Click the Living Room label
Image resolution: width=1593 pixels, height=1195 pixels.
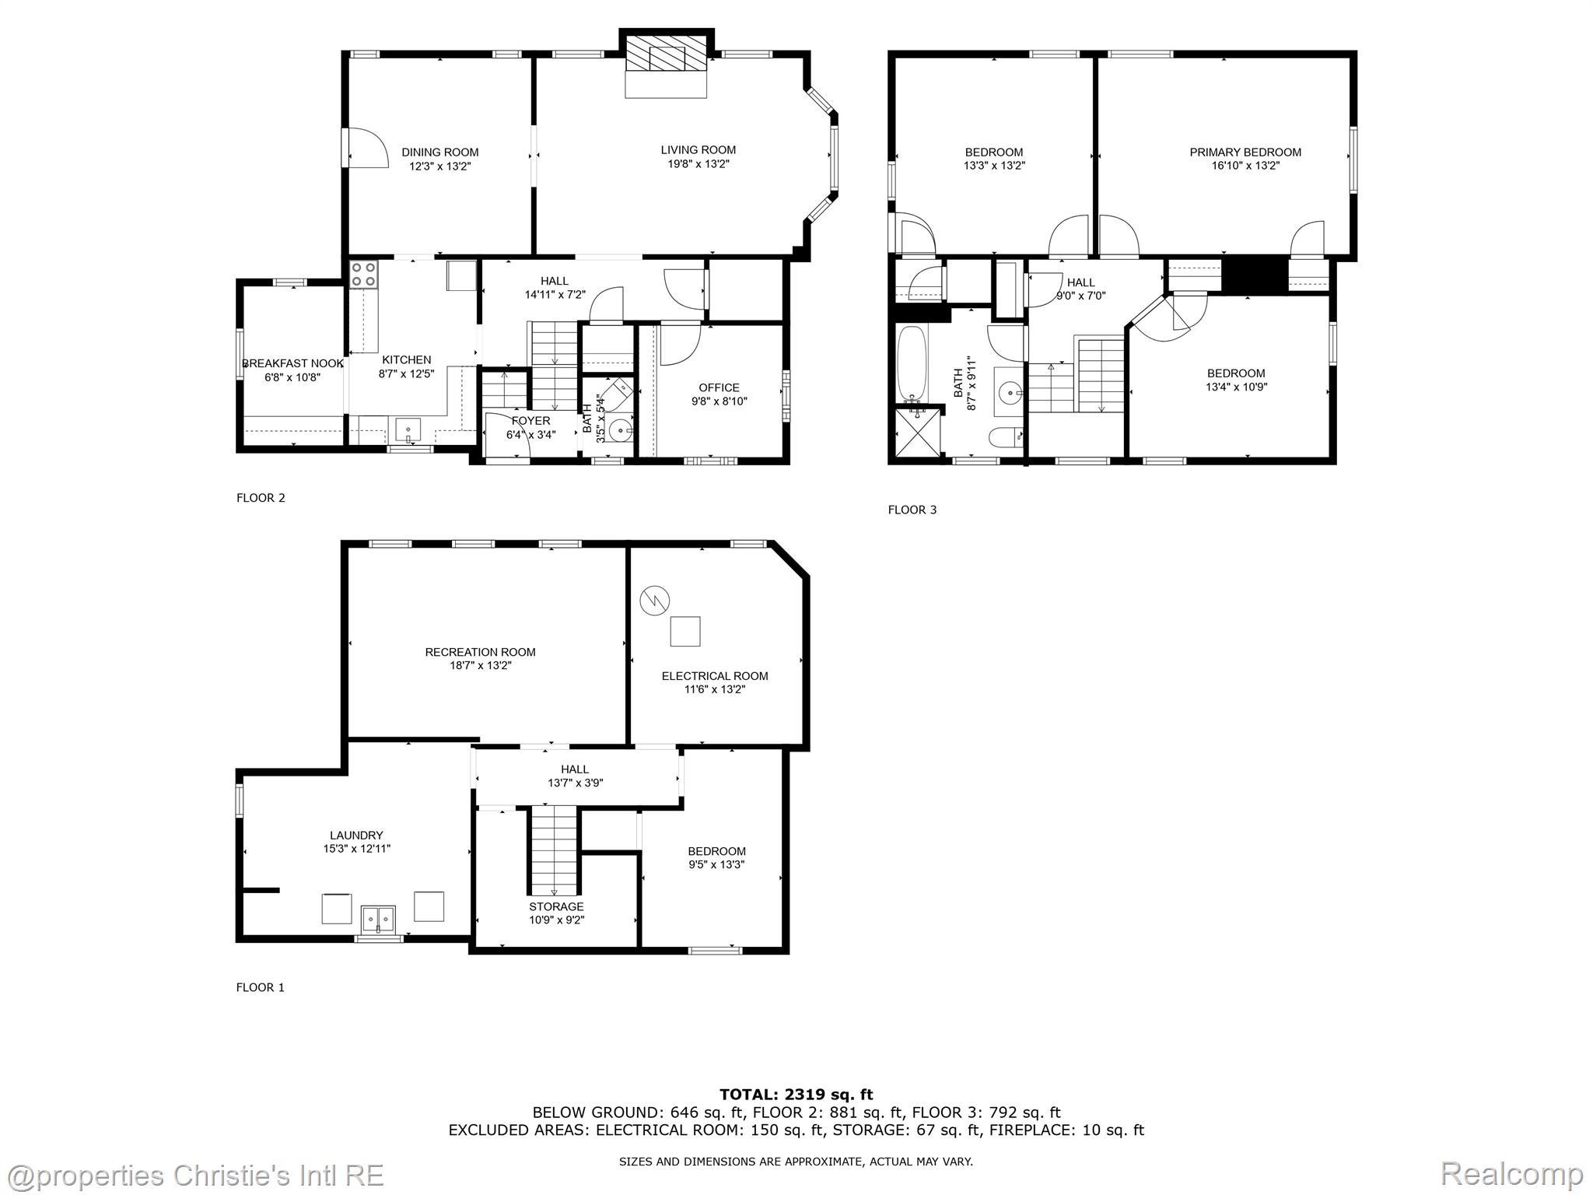pyautogui.click(x=698, y=150)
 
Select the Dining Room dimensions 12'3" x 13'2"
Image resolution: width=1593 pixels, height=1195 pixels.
pyautogui.click(x=440, y=166)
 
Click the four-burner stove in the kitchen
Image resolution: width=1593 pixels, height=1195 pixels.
pyautogui.click(x=362, y=275)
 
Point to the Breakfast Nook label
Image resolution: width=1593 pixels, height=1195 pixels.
pyautogui.click(x=293, y=363)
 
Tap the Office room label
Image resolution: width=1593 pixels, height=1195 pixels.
pyautogui.click(x=719, y=387)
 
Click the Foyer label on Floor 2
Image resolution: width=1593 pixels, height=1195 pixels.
pyautogui.click(x=531, y=421)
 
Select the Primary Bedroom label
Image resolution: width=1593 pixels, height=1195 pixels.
pyautogui.click(x=1245, y=152)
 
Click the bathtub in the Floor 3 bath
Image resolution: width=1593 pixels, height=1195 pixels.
pyautogui.click(x=911, y=363)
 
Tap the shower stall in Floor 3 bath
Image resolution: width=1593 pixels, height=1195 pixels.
pyautogui.click(x=918, y=433)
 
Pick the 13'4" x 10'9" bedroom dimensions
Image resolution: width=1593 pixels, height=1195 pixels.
pyautogui.click(x=1236, y=387)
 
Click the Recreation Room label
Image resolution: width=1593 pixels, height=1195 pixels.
pyautogui.click(x=480, y=652)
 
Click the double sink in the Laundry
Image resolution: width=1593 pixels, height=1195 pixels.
pyautogui.click(x=378, y=918)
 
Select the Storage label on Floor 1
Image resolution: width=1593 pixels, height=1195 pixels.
pyautogui.click(x=556, y=906)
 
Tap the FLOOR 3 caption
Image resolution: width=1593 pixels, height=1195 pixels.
pyautogui.click(x=912, y=510)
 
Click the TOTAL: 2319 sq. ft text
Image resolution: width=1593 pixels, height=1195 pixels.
pyautogui.click(x=796, y=1095)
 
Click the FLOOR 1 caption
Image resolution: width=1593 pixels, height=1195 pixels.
pyautogui.click(x=261, y=987)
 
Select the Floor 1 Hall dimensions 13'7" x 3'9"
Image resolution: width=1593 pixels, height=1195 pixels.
pyautogui.click(x=575, y=783)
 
